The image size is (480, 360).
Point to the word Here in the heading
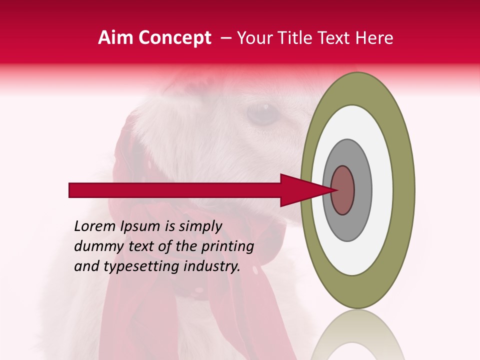pos(374,38)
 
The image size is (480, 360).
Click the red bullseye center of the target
pos(342,190)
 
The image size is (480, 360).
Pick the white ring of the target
pos(382,190)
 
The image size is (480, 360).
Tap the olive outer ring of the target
pos(404,190)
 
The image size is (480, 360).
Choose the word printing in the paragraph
pos(229,247)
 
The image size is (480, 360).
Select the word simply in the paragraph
pos(199,227)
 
